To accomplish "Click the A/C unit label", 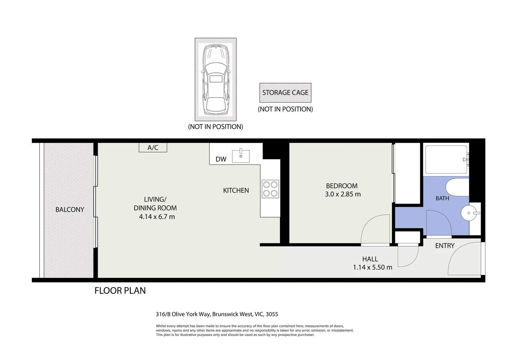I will click(x=153, y=148).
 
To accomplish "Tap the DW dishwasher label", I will click(x=221, y=159).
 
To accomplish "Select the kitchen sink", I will click(x=241, y=156).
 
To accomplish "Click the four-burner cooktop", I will click(x=270, y=189).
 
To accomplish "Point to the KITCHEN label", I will click(x=236, y=190).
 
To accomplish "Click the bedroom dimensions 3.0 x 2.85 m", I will click(x=342, y=194).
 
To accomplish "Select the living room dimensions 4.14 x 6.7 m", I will click(x=157, y=217).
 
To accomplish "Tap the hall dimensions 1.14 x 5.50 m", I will click(x=372, y=268).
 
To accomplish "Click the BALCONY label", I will click(x=70, y=209).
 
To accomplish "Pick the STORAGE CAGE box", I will click(x=285, y=93).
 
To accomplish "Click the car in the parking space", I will click(x=216, y=79).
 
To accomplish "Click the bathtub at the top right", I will click(x=446, y=159).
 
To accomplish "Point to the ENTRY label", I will click(x=445, y=246).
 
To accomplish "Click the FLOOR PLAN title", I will click(x=120, y=290).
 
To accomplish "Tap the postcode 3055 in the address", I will click(x=272, y=314).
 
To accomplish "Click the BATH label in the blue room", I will click(x=442, y=198).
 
